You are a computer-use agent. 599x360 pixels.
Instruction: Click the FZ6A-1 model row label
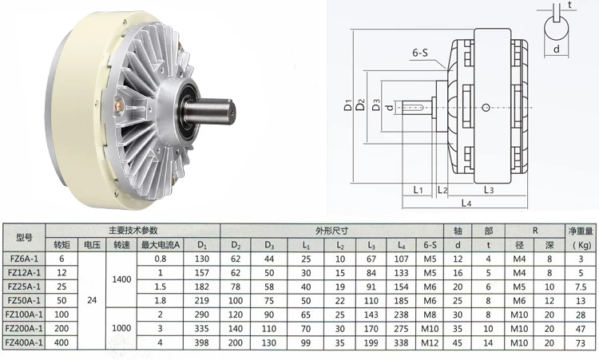[24, 259]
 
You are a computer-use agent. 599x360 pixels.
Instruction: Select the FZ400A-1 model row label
[24, 342]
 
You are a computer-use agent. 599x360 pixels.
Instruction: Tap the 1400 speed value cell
[121, 279]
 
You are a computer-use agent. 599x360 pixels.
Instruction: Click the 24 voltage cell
[92, 300]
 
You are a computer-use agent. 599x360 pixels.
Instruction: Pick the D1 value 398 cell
[202, 342]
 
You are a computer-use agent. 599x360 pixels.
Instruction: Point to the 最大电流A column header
[160, 245]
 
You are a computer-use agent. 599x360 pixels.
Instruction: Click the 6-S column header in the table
[430, 245]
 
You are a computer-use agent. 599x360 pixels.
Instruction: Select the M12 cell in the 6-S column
[430, 342]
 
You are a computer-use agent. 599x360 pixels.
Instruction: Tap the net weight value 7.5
[581, 287]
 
